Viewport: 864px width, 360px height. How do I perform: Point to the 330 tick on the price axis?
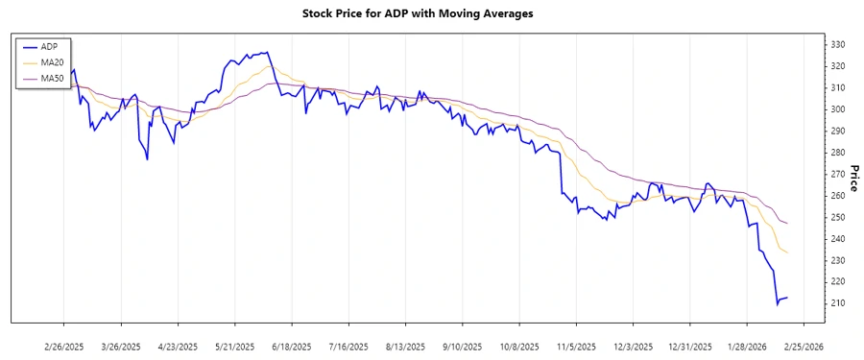pos(837,45)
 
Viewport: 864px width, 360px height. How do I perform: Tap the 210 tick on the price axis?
pos(837,303)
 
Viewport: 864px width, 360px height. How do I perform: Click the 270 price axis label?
pos(837,174)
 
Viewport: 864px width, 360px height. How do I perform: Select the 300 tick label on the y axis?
pos(837,109)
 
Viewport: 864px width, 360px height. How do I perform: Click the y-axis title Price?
pos(853,179)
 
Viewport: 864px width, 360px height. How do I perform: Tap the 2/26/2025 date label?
pos(64,346)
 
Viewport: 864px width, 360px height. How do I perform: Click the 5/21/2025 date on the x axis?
pos(234,346)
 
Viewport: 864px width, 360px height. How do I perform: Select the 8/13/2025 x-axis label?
pos(404,346)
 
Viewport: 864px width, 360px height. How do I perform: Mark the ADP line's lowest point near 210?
pos(778,304)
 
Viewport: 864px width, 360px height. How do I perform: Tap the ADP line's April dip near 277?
pos(147,159)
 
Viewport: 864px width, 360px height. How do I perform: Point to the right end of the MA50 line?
pos(788,224)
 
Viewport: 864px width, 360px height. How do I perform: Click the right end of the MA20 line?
pos(788,253)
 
